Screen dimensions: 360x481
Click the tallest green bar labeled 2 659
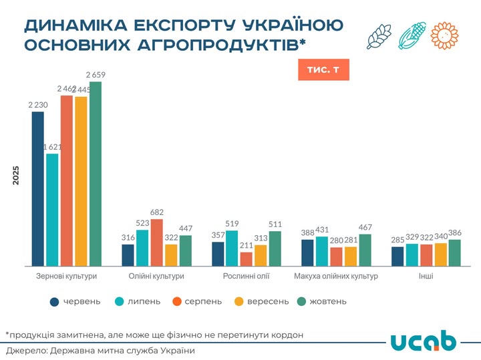(x=96, y=174)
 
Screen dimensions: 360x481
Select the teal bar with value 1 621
(x=52, y=210)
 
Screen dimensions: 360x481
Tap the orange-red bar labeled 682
(x=157, y=243)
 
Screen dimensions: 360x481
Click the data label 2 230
(x=38, y=105)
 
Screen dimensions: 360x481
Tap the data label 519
(x=232, y=224)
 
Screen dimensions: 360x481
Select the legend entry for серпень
(x=197, y=301)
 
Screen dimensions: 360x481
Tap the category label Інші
(x=426, y=276)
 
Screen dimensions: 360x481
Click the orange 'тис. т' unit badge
(x=323, y=70)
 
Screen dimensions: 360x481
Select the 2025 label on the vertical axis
(x=16, y=176)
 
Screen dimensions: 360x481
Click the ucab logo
(x=423, y=340)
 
